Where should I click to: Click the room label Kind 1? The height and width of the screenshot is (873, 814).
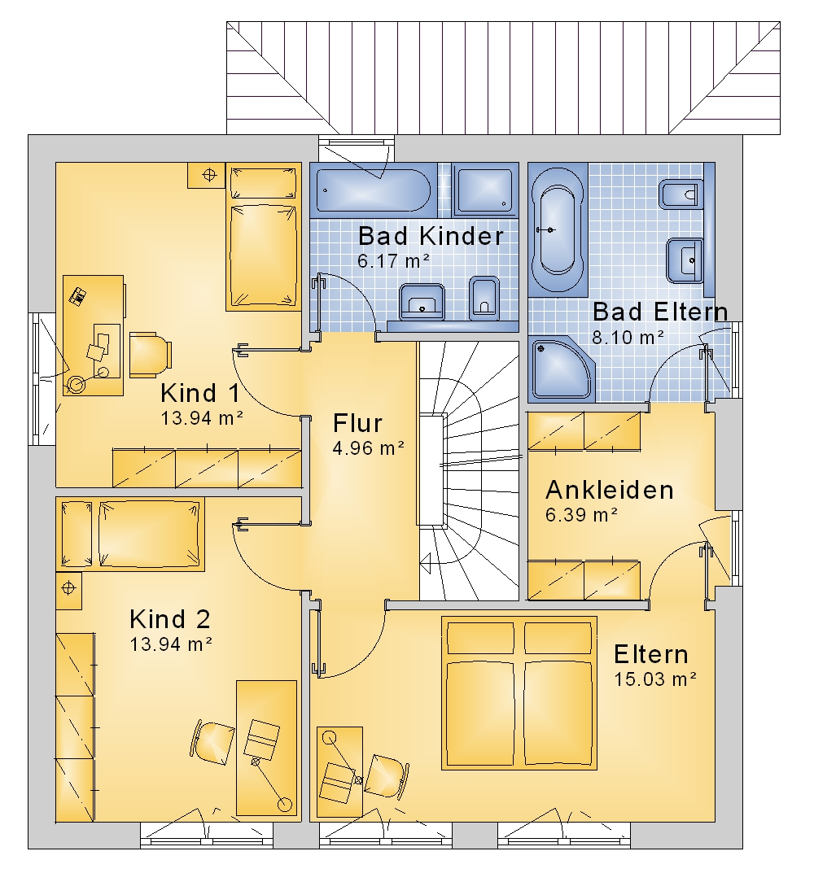click(x=200, y=393)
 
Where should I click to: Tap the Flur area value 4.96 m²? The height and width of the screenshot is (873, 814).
click(x=368, y=448)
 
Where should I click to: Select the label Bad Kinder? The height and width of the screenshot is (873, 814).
click(x=431, y=236)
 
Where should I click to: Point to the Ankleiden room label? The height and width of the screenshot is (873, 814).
click(x=610, y=490)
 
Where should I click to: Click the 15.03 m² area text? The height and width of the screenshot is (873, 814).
click(x=655, y=679)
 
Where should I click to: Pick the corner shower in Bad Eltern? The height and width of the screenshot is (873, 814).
click(x=562, y=369)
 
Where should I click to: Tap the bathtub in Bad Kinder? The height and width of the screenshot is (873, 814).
click(x=373, y=190)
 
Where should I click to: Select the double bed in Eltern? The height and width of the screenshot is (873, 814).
click(x=519, y=692)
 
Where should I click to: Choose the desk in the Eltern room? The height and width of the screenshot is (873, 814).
click(x=339, y=771)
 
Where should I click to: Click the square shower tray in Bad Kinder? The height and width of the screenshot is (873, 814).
click(x=484, y=190)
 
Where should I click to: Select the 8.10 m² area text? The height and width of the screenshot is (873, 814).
click(x=628, y=338)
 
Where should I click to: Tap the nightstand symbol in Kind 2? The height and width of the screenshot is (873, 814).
click(x=68, y=590)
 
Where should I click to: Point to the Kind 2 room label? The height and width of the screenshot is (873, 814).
click(x=170, y=619)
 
